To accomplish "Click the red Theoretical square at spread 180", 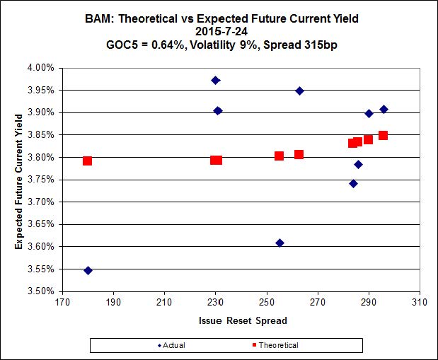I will [87, 161].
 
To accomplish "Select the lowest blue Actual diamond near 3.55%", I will [88, 270].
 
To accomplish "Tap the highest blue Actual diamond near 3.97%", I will [216, 80].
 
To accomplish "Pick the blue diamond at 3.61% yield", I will [279, 243].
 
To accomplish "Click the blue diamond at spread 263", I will [299, 91].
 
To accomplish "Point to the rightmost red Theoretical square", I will [383, 135].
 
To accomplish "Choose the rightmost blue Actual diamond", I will [384, 109].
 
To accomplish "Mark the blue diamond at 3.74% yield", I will [353, 183].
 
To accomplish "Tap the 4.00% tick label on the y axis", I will [40, 68].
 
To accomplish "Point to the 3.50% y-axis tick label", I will [40, 291].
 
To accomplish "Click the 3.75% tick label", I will [40, 180].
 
